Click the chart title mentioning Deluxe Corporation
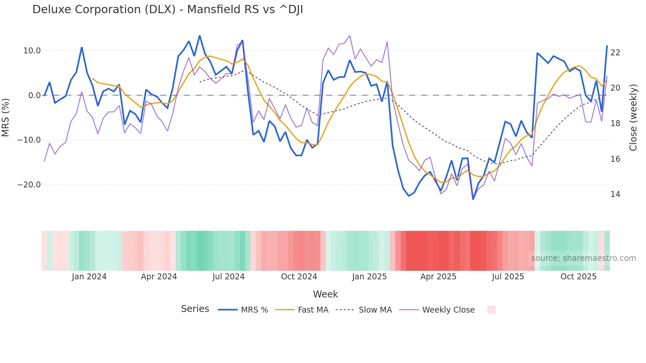point(167,10)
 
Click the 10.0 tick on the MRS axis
point(32,51)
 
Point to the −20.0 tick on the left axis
point(29,185)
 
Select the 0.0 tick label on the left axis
point(34,96)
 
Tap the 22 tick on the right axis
point(615,53)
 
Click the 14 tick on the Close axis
point(615,194)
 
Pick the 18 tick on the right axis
point(615,124)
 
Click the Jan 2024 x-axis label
point(89,277)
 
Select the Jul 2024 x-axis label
point(228,277)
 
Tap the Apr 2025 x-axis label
point(438,277)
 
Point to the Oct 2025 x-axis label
point(578,277)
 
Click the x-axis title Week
point(325,294)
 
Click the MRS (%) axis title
point(6,117)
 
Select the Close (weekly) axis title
point(633,118)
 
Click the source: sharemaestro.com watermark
point(583,258)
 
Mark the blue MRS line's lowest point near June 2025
point(473,199)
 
